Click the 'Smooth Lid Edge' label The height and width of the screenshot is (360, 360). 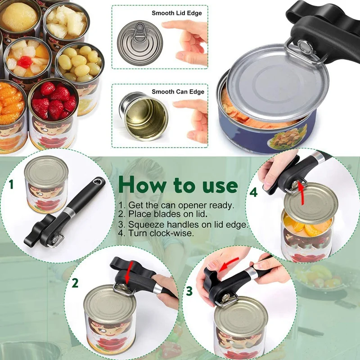176,13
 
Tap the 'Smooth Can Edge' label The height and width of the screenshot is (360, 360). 178,92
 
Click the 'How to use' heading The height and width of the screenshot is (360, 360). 178,185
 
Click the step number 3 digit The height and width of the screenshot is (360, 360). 189,291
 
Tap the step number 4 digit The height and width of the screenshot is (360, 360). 254,192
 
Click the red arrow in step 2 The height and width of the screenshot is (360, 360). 129,272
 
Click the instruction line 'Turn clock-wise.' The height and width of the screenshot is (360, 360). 156,233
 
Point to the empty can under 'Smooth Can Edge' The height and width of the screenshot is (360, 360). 143,116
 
